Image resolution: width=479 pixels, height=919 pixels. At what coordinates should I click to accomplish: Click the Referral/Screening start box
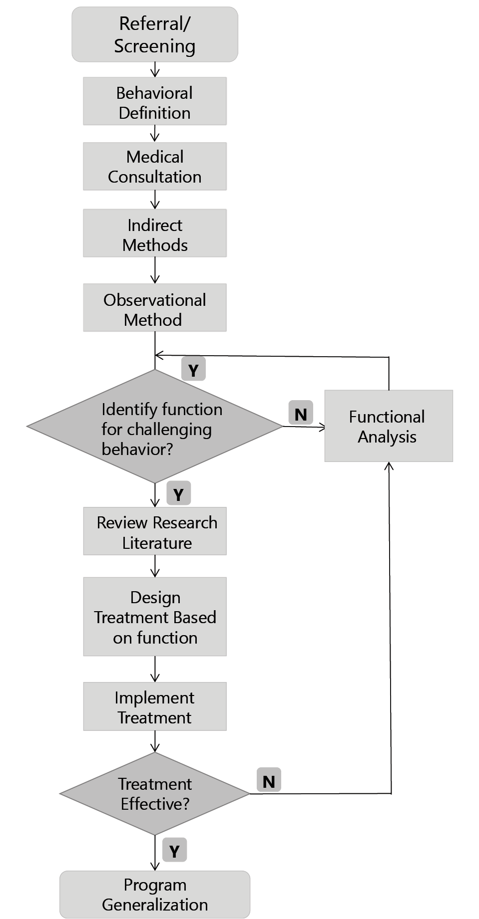tap(154, 34)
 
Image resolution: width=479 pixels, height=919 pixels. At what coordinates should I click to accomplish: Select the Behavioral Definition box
tap(154, 101)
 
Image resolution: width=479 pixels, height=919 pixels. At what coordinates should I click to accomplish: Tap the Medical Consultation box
tap(154, 167)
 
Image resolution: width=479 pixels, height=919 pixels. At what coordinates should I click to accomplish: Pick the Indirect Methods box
tap(154, 233)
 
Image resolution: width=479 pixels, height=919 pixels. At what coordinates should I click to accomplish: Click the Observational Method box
tap(154, 308)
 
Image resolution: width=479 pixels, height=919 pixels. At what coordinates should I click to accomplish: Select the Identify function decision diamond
tap(154, 427)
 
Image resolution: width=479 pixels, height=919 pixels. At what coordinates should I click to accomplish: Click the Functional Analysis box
tap(388, 426)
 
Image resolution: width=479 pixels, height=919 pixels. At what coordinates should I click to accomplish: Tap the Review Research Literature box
tap(154, 531)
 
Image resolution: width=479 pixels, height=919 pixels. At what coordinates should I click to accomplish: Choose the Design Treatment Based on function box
tap(154, 617)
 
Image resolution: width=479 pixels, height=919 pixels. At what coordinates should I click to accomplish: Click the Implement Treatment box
tap(154, 706)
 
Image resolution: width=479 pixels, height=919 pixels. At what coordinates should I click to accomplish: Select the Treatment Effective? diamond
tap(154, 793)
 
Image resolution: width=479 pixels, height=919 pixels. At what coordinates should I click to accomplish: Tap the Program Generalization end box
tap(154, 894)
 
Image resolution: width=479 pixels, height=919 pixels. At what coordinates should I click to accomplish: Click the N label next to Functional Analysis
tap(301, 413)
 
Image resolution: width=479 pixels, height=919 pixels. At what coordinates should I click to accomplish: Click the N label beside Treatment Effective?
tap(269, 780)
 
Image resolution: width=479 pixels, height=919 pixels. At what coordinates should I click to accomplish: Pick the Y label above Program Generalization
tap(174, 850)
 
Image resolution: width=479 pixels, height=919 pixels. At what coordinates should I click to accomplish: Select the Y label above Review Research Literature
tap(178, 493)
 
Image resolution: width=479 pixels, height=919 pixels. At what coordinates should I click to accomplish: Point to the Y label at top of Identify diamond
tap(193, 369)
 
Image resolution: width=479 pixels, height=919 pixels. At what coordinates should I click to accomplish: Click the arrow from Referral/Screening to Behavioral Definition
tap(155, 69)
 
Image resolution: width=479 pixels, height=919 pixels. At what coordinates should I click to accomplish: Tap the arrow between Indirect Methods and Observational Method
tap(155, 270)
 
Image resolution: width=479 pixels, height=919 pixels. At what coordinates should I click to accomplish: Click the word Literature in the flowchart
tap(157, 543)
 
